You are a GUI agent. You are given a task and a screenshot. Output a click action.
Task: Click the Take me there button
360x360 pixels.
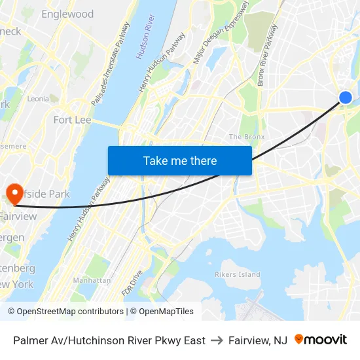coord(180,160)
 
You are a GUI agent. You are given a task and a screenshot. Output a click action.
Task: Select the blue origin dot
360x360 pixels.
coord(346,98)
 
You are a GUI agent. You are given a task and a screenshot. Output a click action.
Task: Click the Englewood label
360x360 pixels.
coord(67,14)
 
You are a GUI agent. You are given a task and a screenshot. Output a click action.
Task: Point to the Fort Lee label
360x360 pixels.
coord(72,120)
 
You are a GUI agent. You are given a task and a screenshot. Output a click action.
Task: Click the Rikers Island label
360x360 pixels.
coord(238,275)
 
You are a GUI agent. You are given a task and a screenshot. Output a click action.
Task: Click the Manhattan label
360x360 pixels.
coord(92,280)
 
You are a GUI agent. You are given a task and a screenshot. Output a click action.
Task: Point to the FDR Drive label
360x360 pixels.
coord(132,283)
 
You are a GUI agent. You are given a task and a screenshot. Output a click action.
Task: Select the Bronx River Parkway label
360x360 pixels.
coord(268,55)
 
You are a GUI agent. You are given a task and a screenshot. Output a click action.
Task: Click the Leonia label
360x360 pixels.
coord(38,99)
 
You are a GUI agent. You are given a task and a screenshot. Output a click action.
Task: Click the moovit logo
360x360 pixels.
coord(321,340)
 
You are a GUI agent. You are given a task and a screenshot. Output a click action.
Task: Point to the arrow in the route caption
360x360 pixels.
coord(217,340)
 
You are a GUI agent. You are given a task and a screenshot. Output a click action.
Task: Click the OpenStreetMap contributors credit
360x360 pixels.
coord(67,312)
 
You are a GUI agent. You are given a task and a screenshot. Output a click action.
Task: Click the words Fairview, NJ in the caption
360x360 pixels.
coord(258,340)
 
